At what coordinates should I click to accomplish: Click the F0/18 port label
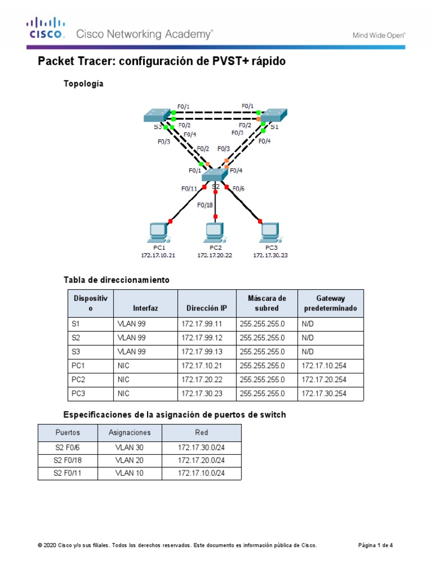205,205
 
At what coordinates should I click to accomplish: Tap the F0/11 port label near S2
189,189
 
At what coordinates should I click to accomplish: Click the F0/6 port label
239,189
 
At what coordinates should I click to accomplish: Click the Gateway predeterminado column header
330,304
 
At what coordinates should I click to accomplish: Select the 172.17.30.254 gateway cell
324,394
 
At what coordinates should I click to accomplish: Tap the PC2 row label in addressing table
78,380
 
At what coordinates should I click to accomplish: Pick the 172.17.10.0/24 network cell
201,473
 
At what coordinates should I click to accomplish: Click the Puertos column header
67,433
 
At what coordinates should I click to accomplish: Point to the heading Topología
85,84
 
